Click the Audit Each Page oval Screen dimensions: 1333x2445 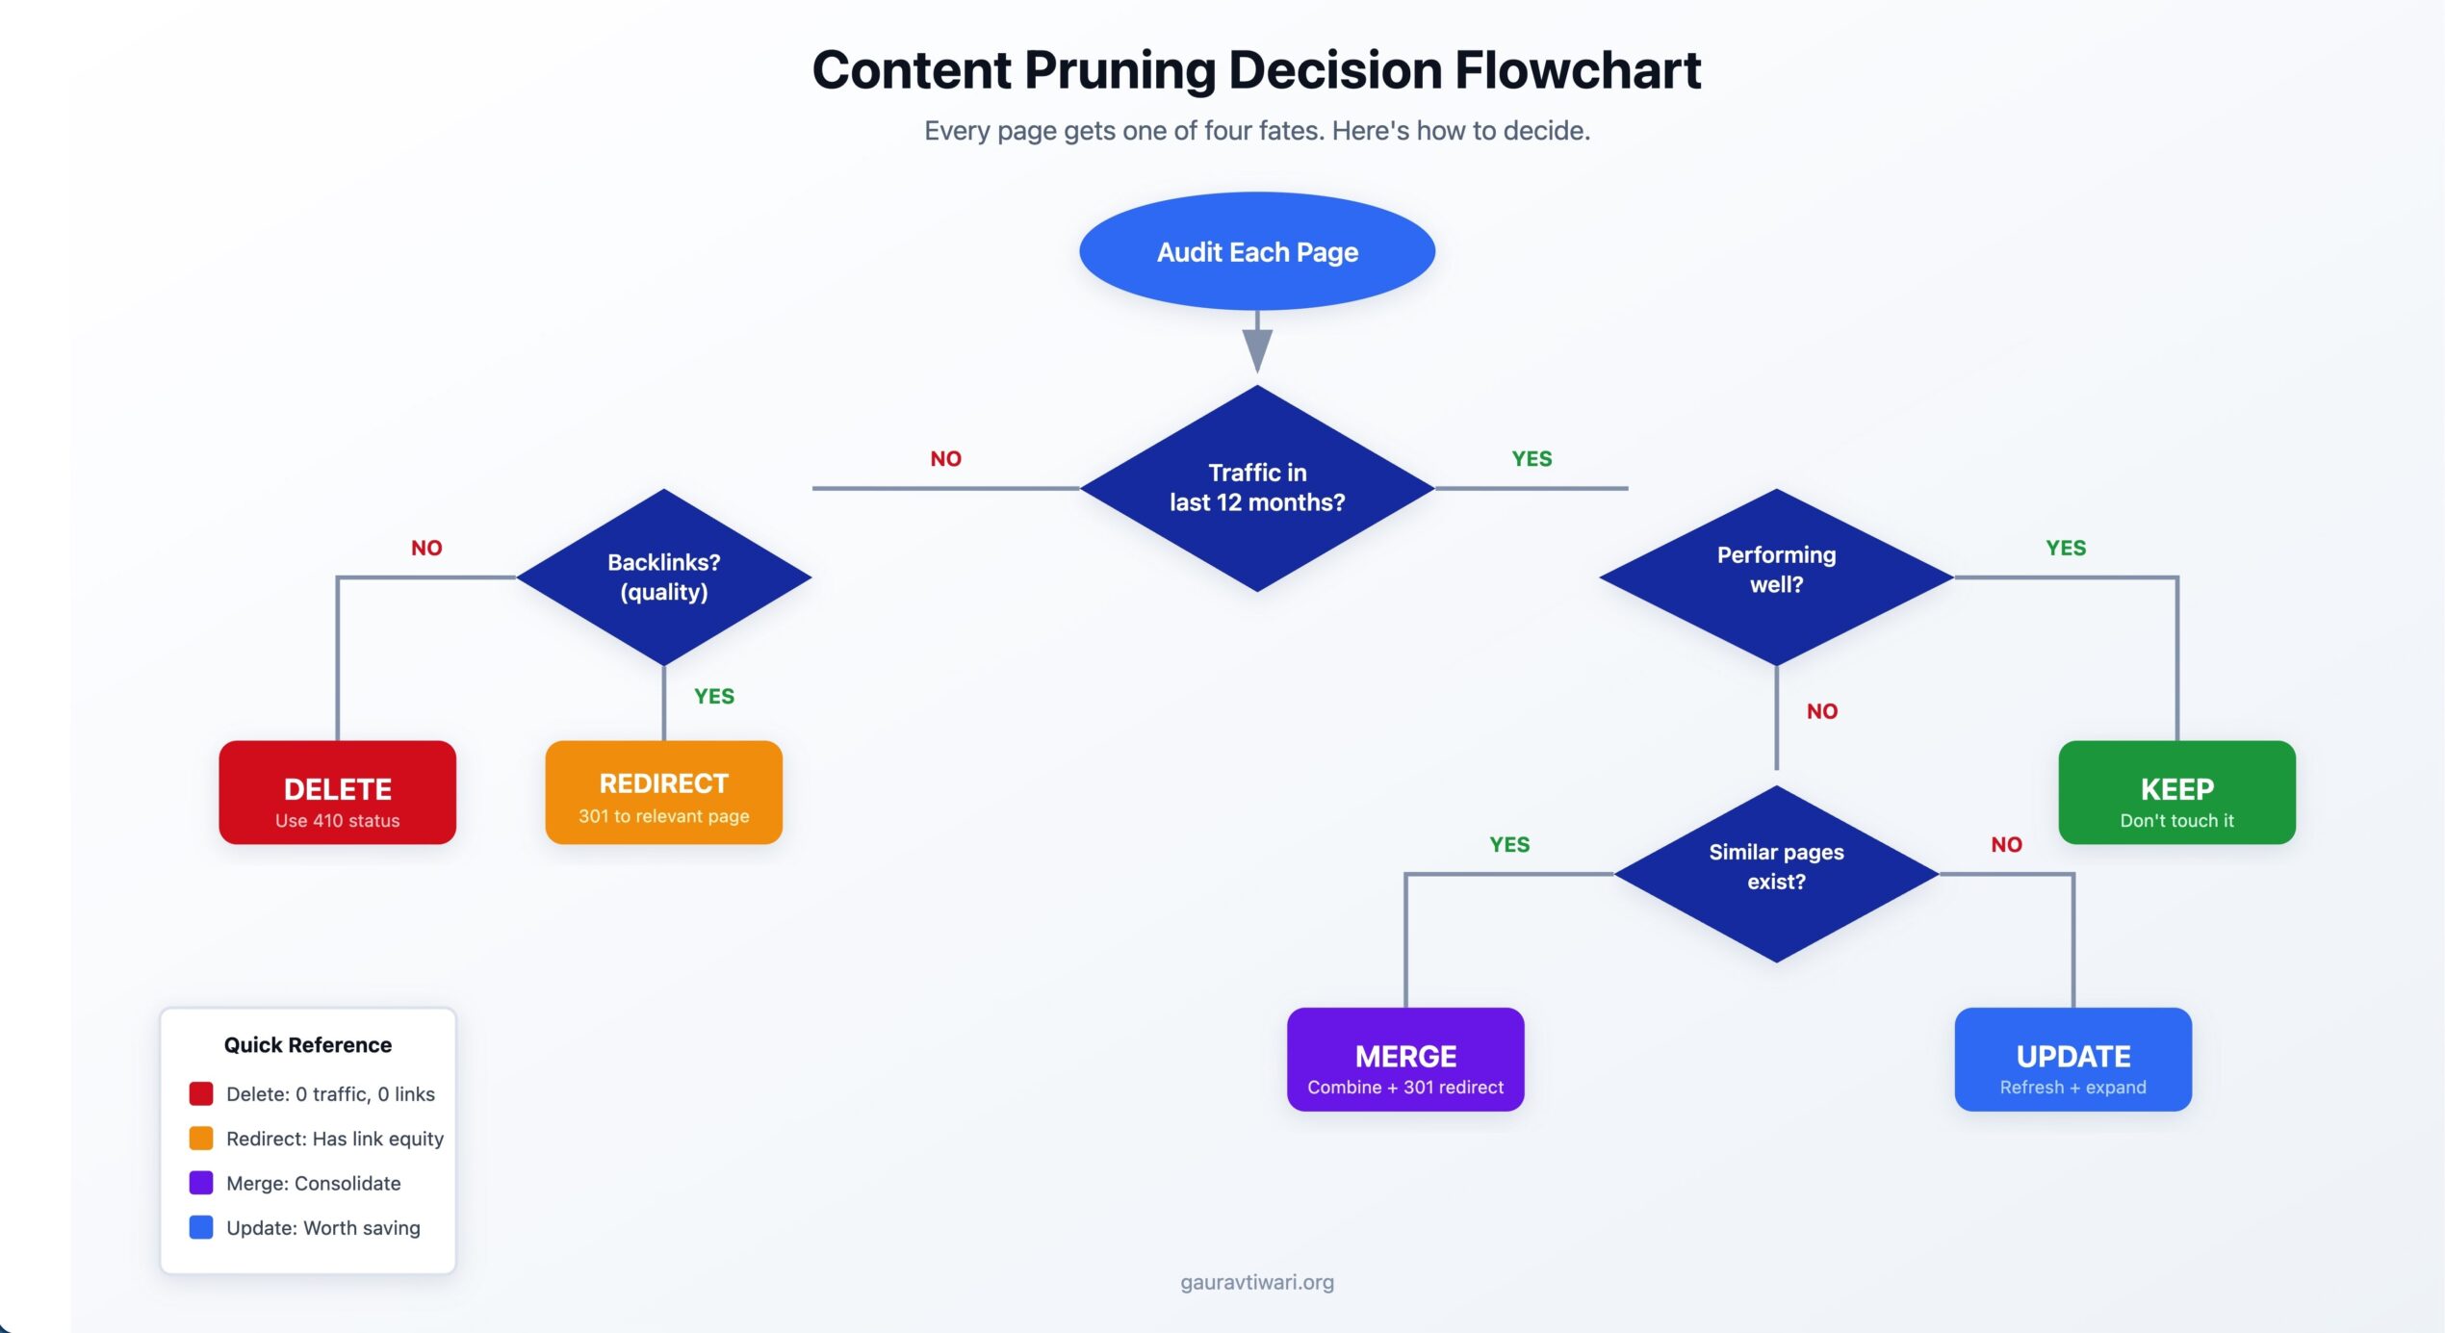(x=1257, y=251)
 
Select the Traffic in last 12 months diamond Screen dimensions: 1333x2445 (x=1257, y=488)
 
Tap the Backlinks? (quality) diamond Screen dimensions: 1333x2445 (x=664, y=577)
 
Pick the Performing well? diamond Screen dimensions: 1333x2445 (x=1776, y=577)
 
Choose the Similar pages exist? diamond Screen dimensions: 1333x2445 (x=1776, y=873)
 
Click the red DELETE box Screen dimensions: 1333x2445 (x=338, y=792)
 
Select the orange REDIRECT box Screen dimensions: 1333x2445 (x=664, y=792)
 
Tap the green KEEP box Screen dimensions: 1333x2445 (x=2176, y=792)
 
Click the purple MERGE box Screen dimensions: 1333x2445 (x=1405, y=1059)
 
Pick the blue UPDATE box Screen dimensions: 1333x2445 (x=2072, y=1059)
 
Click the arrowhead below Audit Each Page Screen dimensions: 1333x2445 (x=1257, y=349)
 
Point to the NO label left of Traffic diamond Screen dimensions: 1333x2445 (x=945, y=459)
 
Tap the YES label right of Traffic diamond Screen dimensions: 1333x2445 (x=1531, y=459)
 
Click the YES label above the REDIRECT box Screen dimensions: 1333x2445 (x=714, y=696)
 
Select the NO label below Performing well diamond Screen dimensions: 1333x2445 (x=1822, y=711)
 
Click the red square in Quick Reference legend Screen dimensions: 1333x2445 (x=201, y=1093)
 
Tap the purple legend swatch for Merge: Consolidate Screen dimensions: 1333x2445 (x=201, y=1183)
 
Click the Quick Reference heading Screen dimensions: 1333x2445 (x=308, y=1045)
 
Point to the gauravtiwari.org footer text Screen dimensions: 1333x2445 (x=1257, y=1282)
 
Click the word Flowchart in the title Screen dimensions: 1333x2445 (x=1578, y=70)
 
